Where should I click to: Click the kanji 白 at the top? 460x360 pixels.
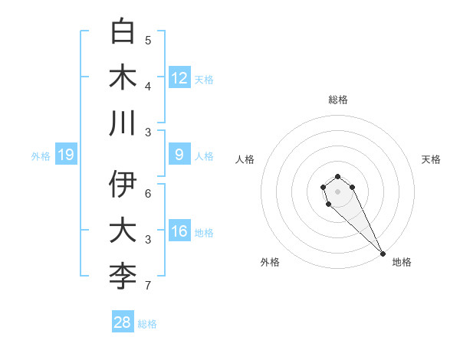coord(123,32)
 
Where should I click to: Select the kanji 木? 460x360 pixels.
coord(123,77)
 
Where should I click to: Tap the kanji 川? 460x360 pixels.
coord(123,123)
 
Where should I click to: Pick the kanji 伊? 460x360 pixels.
coord(123,185)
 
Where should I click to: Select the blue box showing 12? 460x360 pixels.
coord(179,78)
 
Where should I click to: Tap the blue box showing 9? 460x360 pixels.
coord(179,155)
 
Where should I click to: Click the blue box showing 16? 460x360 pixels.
coord(179,231)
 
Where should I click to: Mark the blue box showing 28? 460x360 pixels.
coord(123,322)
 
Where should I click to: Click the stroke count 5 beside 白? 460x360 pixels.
coord(148,40)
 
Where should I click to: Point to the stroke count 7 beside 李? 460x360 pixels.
coord(148,286)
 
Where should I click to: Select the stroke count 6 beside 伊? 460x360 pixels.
coord(148,193)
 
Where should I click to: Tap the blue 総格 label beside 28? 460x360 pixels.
coord(147,324)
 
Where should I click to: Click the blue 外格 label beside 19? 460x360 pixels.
coord(41,156)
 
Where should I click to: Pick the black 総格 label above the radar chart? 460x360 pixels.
coord(337,100)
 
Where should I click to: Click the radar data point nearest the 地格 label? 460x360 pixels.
coord(383,254)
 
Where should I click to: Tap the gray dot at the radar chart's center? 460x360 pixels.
coord(337,191)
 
